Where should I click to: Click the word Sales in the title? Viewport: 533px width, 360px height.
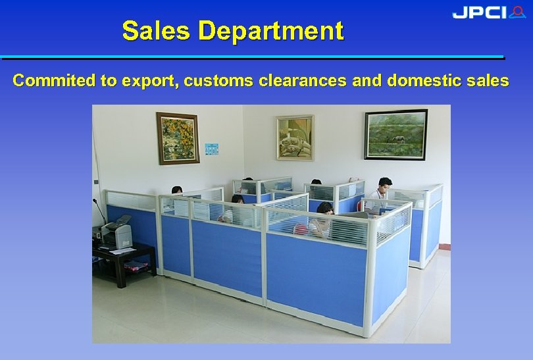click(x=156, y=31)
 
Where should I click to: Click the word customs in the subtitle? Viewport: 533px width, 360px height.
click(x=218, y=81)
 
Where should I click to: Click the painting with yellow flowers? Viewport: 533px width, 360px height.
click(x=178, y=138)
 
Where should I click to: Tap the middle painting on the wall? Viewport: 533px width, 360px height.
click(x=295, y=138)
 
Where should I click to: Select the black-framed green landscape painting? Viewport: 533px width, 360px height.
click(x=395, y=134)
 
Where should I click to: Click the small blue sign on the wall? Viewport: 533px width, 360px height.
click(x=211, y=149)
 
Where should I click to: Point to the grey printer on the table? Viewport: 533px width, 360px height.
click(x=118, y=234)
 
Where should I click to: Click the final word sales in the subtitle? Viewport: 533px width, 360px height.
click(x=490, y=81)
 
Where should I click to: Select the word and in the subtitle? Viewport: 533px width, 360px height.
click(x=367, y=81)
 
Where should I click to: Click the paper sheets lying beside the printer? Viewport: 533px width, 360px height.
click(x=122, y=250)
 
